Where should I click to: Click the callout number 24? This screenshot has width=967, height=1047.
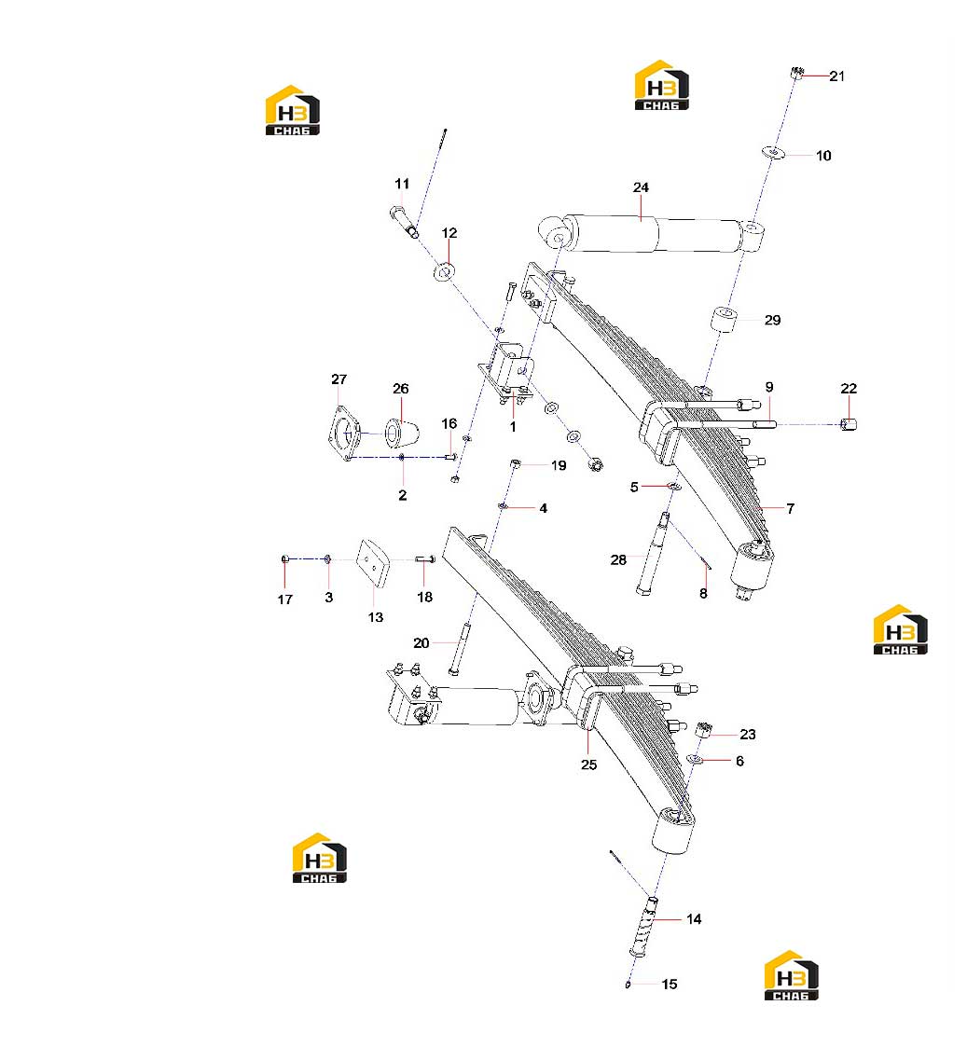coord(641,187)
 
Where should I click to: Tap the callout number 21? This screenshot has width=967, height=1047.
coord(836,76)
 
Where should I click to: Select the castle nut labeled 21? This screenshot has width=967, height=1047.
coord(796,73)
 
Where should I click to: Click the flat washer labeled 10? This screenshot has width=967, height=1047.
coord(773,152)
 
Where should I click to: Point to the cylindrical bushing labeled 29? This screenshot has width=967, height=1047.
coord(724,318)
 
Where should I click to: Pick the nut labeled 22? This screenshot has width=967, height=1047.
coord(849,424)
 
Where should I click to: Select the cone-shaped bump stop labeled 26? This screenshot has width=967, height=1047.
coord(402,433)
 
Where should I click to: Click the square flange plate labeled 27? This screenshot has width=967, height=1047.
coord(345,434)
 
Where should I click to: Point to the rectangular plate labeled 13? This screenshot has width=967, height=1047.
coord(373,563)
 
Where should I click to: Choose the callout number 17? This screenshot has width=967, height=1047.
coord(285,599)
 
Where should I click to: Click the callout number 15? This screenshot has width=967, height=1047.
coord(670,985)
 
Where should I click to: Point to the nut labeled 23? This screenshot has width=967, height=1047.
coord(702,729)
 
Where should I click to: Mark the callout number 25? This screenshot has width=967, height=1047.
coord(588,765)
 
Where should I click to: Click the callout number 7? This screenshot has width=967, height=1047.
coord(791,509)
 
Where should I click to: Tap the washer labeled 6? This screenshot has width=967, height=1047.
coord(695,759)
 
